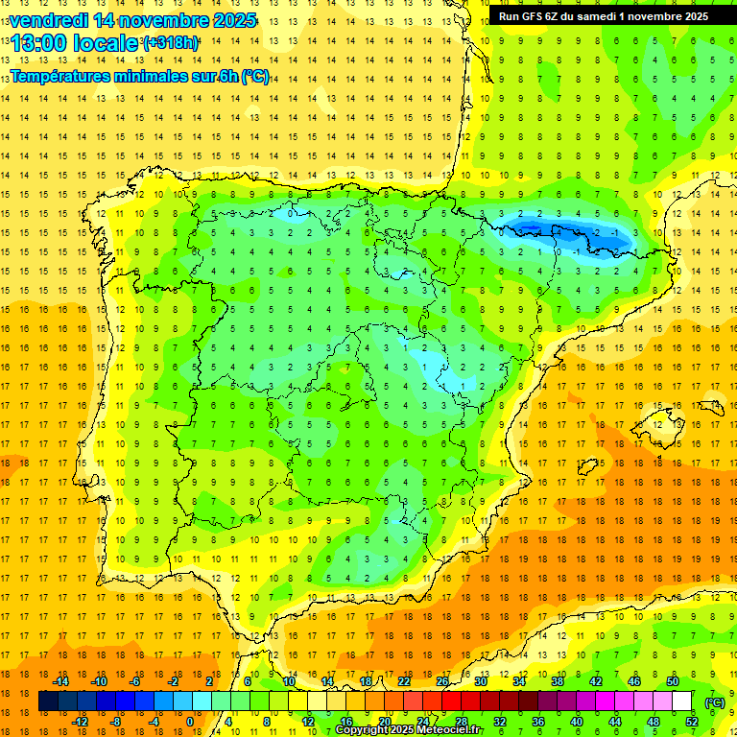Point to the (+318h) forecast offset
coord(171,43)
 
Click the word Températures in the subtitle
coord(59,76)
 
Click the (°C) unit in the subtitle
coord(255,76)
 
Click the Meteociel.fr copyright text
coord(410,730)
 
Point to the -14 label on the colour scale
coord(61,681)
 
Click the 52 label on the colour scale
coord(691,722)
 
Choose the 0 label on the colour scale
coord(189,722)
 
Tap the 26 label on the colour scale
coord(441,681)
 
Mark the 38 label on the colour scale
coord(557,681)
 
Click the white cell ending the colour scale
coord(682,701)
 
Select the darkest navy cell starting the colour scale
coord(49,701)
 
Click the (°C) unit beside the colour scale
coord(715,701)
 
